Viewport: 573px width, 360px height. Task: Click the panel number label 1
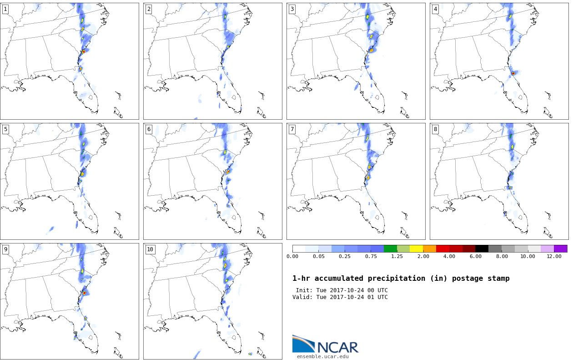click(x=5, y=10)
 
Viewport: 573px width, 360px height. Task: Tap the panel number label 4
click(x=435, y=10)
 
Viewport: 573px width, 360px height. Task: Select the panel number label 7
click(x=292, y=129)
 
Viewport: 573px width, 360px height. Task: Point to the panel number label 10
click(x=150, y=249)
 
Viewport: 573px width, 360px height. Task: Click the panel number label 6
click(x=149, y=129)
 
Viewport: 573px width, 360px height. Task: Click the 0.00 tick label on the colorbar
click(x=292, y=257)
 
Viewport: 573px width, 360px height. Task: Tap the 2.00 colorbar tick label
click(x=423, y=257)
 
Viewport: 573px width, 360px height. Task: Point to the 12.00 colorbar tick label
click(x=554, y=257)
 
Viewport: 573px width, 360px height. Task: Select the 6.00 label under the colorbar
click(x=476, y=257)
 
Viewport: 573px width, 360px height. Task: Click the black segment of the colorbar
click(x=482, y=248)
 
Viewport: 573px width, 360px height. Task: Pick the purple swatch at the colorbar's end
click(x=561, y=248)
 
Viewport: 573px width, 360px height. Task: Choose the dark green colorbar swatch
click(x=390, y=248)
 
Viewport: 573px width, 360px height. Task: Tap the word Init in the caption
click(x=304, y=290)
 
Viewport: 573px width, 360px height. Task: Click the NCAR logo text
click(x=337, y=347)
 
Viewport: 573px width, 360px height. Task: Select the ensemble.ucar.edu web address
click(x=323, y=356)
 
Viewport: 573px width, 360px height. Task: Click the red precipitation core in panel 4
click(x=513, y=73)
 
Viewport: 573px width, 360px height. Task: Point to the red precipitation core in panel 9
click(x=85, y=293)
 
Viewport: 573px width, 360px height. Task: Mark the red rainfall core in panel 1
click(x=84, y=52)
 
